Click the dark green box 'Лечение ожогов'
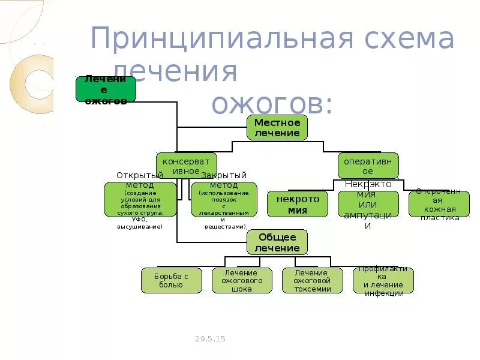pos(106,89)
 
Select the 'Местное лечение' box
pos(277,128)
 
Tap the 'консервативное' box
pos(187,166)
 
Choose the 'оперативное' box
pos(368,166)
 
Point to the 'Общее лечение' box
pos(277,242)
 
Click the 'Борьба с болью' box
pos(172,280)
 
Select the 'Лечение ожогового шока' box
pos(242,280)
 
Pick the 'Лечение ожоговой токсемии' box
pos(313,280)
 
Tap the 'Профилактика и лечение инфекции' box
pos(383,280)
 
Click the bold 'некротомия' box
pos(298,204)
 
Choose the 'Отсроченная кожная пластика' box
pos(439,204)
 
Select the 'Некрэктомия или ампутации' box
pos(368,204)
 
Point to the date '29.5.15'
pos(210,339)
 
